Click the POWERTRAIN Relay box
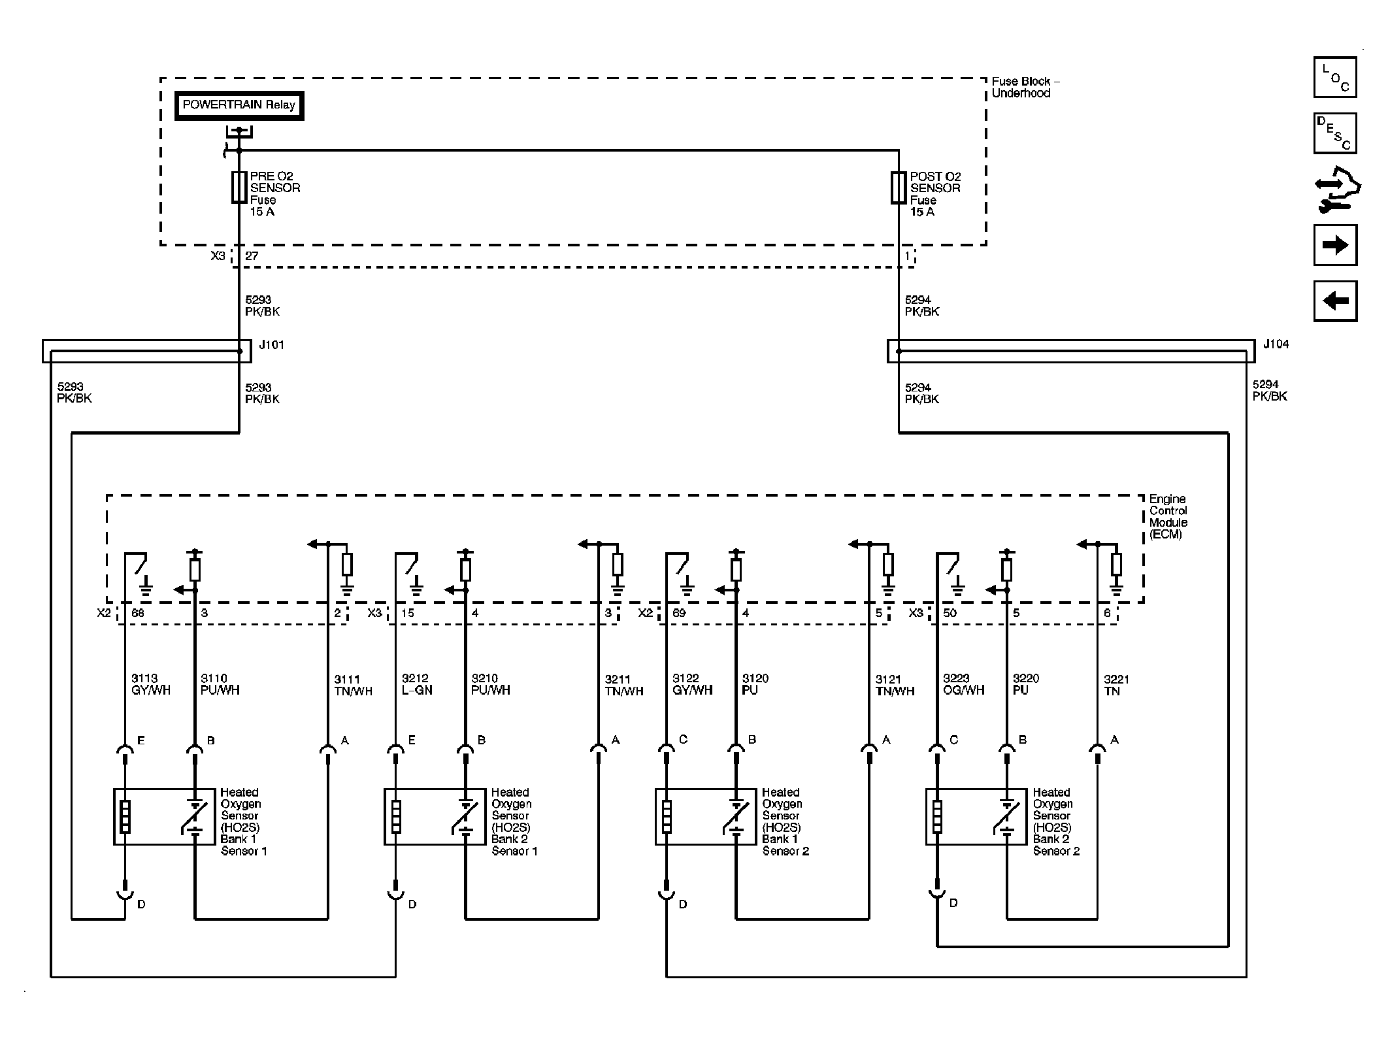coord(239,105)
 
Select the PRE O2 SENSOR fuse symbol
coord(239,188)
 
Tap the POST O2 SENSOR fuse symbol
coord(899,188)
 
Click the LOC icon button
coord(1335,77)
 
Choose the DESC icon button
coord(1335,133)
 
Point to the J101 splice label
coord(272,345)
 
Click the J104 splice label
coord(1276,344)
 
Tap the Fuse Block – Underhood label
coord(1025,88)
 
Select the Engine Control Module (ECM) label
coord(1168,517)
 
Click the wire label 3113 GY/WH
coord(151,684)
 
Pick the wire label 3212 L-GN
coord(417,684)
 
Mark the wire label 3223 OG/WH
coord(963,684)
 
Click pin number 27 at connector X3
coord(252,256)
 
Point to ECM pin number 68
coord(138,613)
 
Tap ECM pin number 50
coord(950,613)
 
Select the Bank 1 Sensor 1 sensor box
coord(165,817)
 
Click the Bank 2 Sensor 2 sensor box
coord(977,817)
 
